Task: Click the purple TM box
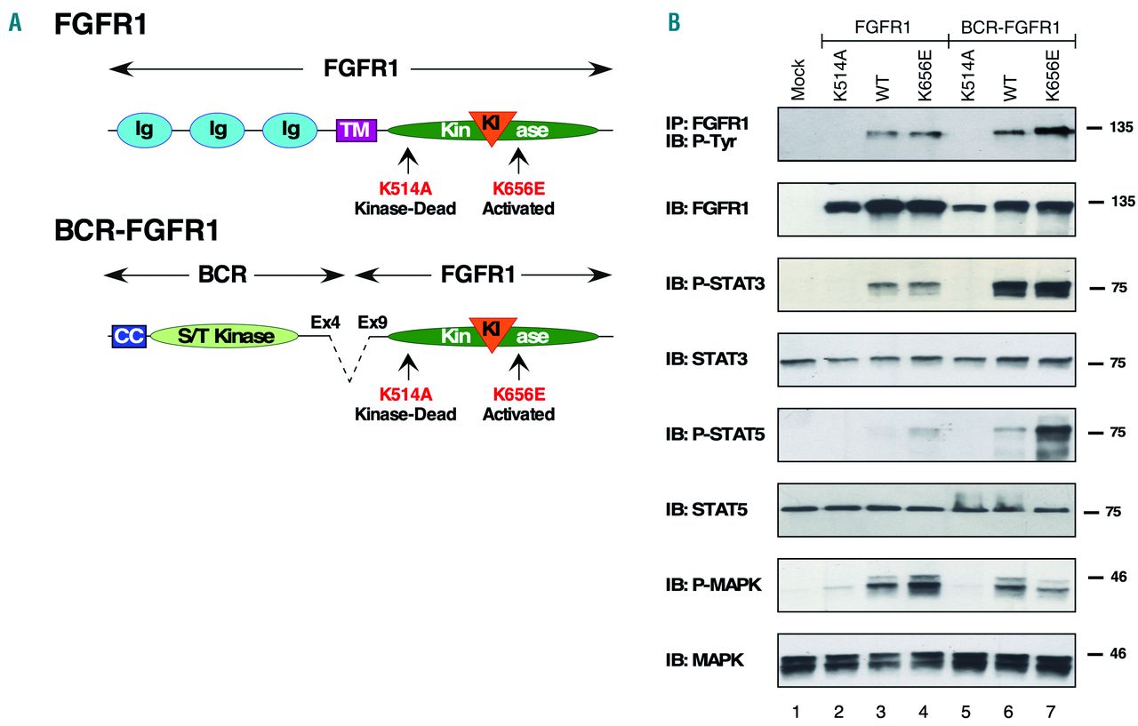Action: tap(357, 131)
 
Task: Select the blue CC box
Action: tap(123, 335)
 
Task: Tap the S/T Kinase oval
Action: tap(223, 335)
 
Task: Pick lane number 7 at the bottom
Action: tap(1053, 713)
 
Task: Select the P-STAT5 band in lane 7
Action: tap(1052, 437)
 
